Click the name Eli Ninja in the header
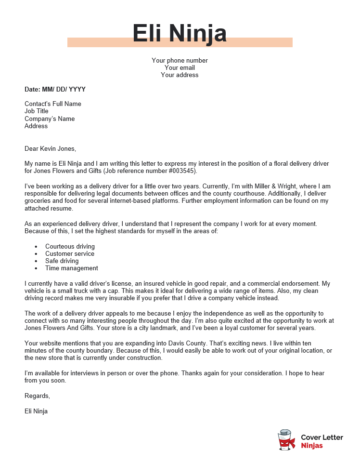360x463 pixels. (180, 35)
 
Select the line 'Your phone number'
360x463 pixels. (180, 60)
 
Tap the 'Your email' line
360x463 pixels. (180, 67)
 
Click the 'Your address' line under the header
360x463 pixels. (180, 74)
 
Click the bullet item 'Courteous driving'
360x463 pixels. (72, 243)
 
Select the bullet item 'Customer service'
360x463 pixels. (71, 250)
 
